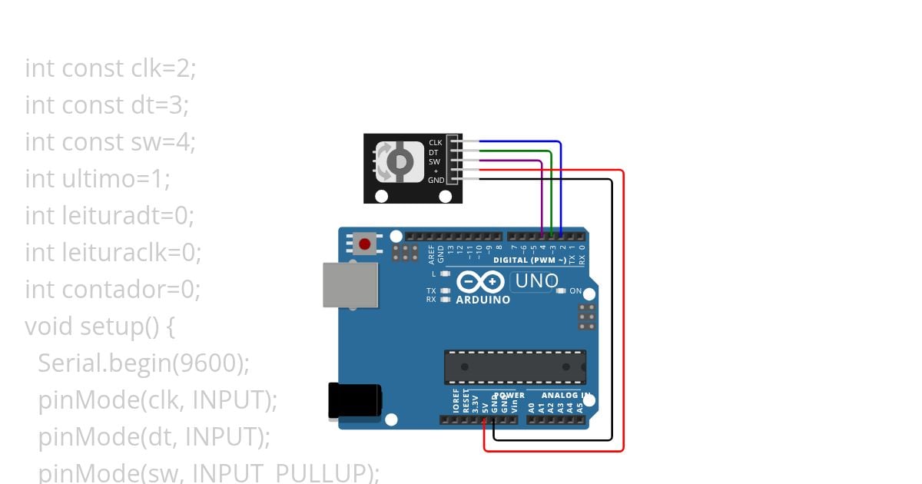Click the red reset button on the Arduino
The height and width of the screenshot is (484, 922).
click(x=364, y=245)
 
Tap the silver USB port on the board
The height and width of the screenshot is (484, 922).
click(x=350, y=284)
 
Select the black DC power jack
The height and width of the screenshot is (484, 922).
click(x=353, y=401)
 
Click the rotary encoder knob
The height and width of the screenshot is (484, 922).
click(x=400, y=161)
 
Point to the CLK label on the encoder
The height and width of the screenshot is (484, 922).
click(x=435, y=143)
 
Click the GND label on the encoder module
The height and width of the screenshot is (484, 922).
click(x=436, y=180)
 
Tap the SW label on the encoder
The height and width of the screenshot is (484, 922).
click(x=434, y=161)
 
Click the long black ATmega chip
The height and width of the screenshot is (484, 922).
click(x=515, y=366)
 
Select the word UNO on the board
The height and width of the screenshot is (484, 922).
click(x=536, y=281)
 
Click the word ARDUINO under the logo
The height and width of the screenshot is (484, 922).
click(x=483, y=300)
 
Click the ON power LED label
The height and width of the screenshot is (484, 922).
click(x=575, y=291)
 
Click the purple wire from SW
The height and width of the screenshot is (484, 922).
click(x=542, y=192)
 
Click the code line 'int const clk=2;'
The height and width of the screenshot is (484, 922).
click(x=111, y=68)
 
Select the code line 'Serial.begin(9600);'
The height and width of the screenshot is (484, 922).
click(x=144, y=363)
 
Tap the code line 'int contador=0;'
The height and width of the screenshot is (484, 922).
click(x=112, y=290)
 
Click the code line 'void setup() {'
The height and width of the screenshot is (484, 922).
click(x=100, y=327)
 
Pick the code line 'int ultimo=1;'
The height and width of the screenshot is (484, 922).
click(x=98, y=179)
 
